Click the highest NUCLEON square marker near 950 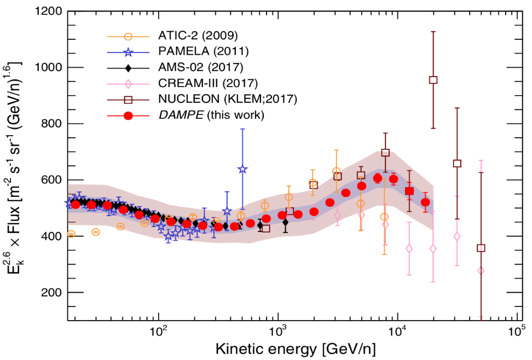point(433,80)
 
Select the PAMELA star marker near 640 point(242,170)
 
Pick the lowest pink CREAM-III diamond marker point(481,270)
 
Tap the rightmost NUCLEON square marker point(481,248)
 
